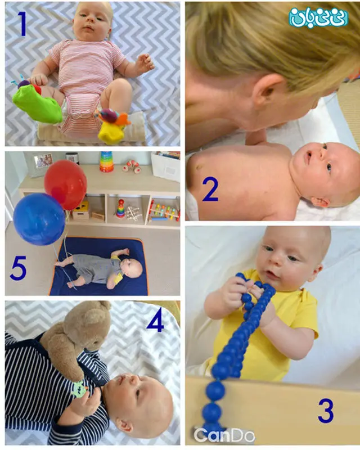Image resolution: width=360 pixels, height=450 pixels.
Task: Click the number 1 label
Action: pyautogui.click(x=21, y=24)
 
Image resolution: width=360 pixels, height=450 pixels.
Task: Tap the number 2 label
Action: pyautogui.click(x=210, y=189)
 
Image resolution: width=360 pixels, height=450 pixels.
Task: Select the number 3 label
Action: pyautogui.click(x=326, y=411)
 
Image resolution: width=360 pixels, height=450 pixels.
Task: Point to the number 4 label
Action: pyautogui.click(x=156, y=321)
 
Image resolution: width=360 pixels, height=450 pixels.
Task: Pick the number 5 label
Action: pyautogui.click(x=18, y=268)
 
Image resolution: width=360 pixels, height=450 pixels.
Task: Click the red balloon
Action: pyautogui.click(x=66, y=184)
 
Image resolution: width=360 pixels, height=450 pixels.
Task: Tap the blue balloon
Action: pyautogui.click(x=39, y=219)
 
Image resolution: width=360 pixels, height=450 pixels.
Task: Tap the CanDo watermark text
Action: pyautogui.click(x=224, y=435)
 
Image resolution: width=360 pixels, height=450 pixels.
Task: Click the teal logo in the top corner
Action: pyautogui.click(x=318, y=17)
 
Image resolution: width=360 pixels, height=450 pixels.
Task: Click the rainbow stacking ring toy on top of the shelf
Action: pyautogui.click(x=107, y=162)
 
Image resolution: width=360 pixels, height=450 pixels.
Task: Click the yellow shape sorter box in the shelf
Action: pyautogui.click(x=80, y=210)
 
